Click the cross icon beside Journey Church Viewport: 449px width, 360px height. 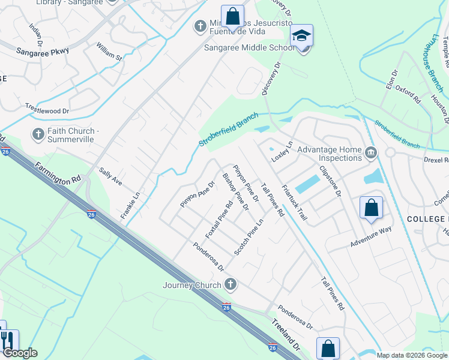[x=229, y=284]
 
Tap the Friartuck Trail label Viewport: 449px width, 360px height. [x=294, y=202]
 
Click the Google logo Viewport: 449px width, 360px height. [x=20, y=353]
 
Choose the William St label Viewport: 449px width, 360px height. [x=109, y=53]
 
